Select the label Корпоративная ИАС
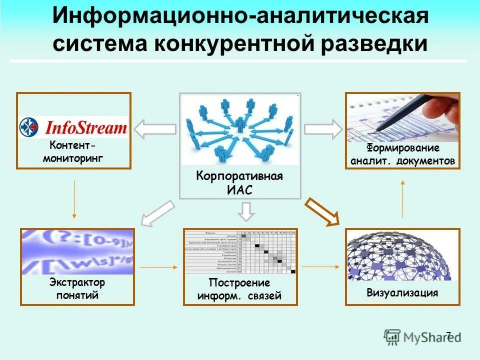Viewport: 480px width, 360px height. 239,183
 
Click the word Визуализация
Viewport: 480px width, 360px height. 402,293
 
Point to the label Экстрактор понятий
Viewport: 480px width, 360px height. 77,289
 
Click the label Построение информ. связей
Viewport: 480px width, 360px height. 239,290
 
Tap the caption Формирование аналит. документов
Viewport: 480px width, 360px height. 402,154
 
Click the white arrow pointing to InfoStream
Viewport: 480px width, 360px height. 155,129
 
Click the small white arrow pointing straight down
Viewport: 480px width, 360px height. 245,211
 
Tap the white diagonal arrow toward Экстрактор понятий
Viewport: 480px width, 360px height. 158,212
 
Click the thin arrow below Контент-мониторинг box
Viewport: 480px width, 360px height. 74,199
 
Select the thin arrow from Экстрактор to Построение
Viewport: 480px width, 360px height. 158,267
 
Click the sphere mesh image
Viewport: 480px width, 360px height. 402,255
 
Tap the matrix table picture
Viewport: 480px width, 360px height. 240,252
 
